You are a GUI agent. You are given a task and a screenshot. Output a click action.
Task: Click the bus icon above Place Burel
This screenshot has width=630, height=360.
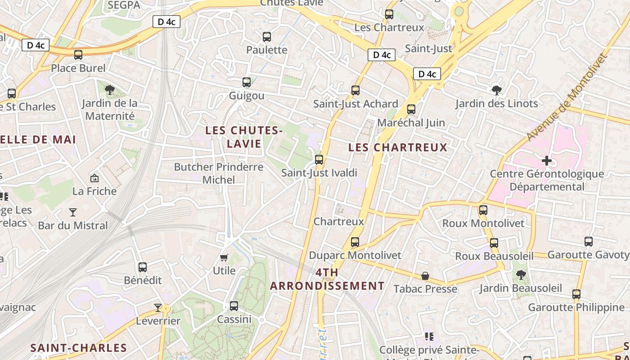coord(78,55)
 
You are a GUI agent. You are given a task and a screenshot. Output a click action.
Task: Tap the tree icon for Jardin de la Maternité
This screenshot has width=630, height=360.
coord(109,90)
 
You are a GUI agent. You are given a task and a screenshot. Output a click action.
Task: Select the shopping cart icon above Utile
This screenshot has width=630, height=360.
coord(224,257)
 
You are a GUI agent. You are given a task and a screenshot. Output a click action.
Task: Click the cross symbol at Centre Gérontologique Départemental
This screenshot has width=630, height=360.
coord(547,161)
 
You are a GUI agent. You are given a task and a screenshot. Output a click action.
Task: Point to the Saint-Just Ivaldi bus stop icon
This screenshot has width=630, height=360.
coord(319,160)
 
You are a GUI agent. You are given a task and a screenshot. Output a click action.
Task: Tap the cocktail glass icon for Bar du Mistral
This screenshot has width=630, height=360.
coord(73,212)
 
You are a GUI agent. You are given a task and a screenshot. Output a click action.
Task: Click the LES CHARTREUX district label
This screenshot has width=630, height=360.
coord(398,148)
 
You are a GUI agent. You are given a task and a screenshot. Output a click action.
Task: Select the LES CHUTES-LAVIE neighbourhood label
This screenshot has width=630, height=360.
coord(244,137)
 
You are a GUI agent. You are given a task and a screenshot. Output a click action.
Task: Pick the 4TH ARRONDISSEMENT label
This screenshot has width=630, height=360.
coord(327,279)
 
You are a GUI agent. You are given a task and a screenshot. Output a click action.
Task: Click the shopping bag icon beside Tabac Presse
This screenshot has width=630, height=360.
coord(425,275)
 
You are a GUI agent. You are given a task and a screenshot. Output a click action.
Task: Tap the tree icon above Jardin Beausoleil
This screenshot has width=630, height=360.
coord(521,274)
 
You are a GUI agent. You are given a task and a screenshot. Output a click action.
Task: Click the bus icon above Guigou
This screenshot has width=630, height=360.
coord(247,82)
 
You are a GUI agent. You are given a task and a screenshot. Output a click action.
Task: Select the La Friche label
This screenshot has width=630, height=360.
coord(94,191)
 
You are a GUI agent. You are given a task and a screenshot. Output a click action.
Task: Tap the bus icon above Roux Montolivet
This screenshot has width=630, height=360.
coord(483,210)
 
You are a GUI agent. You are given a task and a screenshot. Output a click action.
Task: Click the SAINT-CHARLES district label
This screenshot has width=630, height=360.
coord(79,348)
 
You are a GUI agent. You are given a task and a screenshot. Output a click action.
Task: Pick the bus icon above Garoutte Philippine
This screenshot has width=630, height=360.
coord(576,294)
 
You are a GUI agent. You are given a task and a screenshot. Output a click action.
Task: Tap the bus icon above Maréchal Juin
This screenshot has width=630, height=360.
coord(411,109)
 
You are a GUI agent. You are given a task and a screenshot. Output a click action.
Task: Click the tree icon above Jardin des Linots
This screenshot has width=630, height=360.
coord(497,90)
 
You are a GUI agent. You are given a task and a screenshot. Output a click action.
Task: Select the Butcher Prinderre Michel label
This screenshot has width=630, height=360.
coord(219,173)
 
